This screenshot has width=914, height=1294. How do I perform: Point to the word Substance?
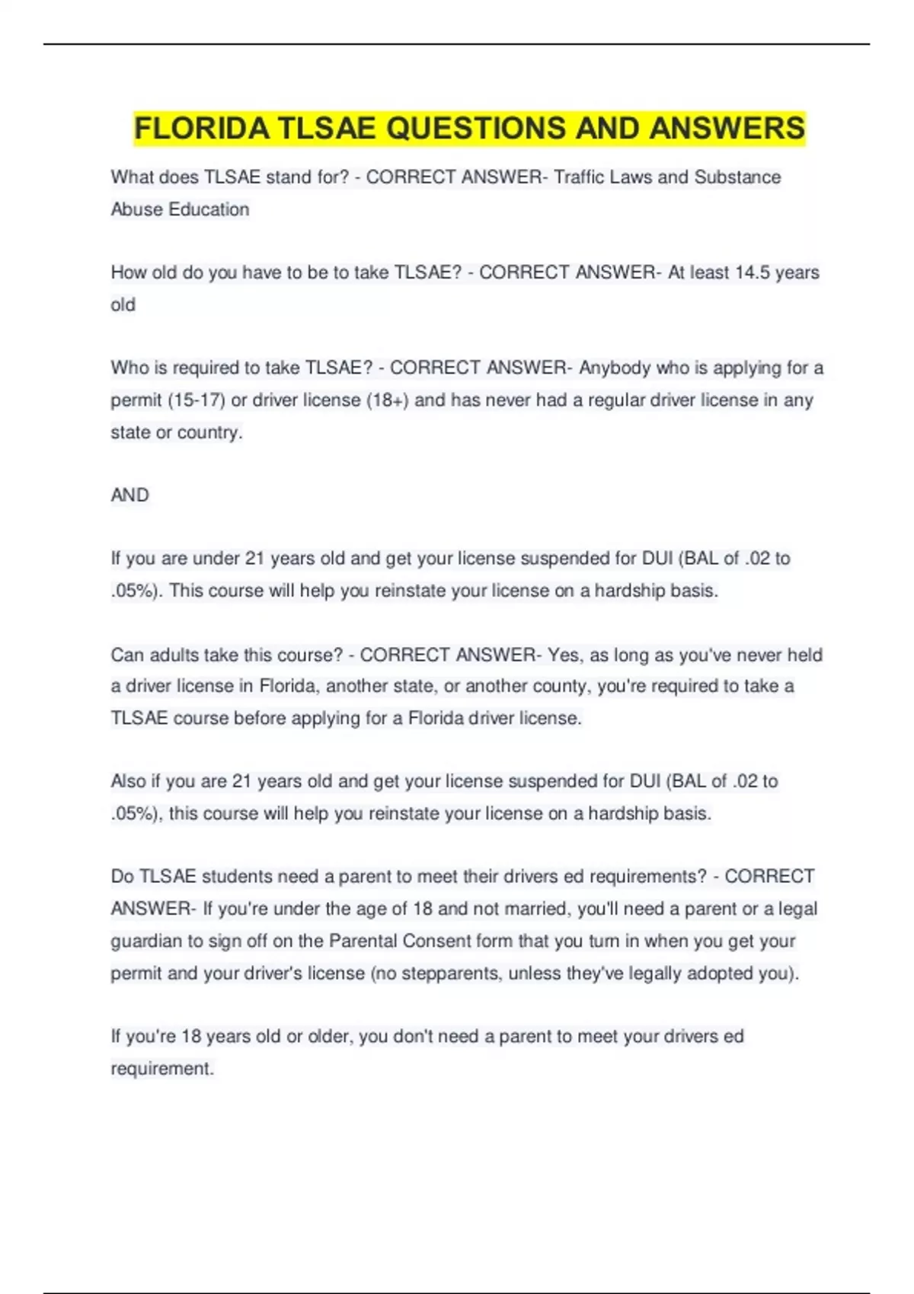coord(737,177)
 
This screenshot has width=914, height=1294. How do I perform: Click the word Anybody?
coord(614,368)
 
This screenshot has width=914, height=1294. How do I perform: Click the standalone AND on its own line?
coord(129,496)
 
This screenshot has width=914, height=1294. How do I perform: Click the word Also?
coord(127,782)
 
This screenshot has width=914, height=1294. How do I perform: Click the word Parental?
coord(363,942)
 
